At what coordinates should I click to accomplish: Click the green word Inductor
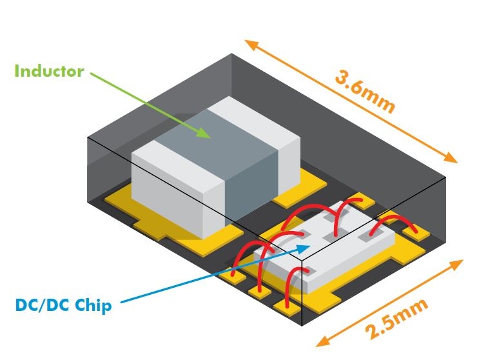(49, 70)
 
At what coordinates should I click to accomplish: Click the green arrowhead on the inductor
(206, 133)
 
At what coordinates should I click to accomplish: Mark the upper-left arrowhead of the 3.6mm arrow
(250, 45)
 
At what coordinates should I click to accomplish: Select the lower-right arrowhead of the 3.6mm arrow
(451, 157)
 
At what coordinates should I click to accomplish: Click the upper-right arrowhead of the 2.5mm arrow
(458, 265)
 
